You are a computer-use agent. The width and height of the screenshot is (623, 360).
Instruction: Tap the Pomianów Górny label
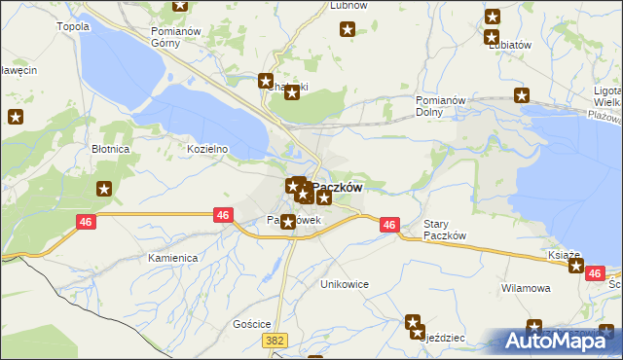(175, 37)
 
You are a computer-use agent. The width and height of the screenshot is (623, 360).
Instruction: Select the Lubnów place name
(348, 5)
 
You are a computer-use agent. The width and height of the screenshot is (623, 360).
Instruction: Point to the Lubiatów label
(509, 45)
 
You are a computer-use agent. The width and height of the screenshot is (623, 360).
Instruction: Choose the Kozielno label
(207, 149)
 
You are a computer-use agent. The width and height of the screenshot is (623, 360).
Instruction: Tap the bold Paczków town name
(338, 187)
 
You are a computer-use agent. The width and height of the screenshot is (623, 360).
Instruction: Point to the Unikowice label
(346, 284)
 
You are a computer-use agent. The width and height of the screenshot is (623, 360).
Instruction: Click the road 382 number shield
(275, 339)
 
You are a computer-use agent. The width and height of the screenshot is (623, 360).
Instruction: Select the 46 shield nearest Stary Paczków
(389, 225)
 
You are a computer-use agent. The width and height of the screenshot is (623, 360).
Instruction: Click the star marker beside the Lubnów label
(348, 29)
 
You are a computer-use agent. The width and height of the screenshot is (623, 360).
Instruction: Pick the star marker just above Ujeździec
(413, 322)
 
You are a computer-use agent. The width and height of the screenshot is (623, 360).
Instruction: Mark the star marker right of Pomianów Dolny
(522, 95)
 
